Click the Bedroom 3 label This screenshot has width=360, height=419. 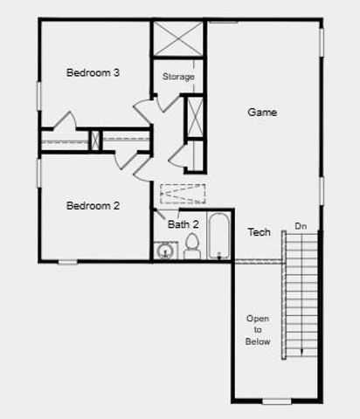point(93,72)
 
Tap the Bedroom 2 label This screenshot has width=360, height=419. point(93,206)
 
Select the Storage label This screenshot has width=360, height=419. point(178,77)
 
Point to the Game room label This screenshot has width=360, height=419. point(262,112)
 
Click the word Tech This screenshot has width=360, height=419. point(259,232)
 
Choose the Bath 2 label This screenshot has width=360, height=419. point(183,224)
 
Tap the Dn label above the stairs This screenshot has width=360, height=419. point(301,226)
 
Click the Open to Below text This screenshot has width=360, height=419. point(258,330)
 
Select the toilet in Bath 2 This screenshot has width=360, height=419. point(192,248)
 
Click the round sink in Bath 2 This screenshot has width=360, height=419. point(164,251)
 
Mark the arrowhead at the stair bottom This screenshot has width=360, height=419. point(302,352)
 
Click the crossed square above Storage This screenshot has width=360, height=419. point(178,38)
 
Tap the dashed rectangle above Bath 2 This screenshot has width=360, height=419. point(183,193)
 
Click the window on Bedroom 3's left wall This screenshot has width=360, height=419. point(39,95)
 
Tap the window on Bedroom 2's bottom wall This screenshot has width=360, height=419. point(68,261)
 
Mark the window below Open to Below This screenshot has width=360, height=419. point(276,402)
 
